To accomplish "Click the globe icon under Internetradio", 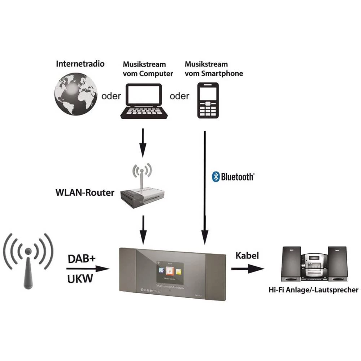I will click(x=75, y=95).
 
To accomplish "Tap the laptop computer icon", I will click(x=143, y=101).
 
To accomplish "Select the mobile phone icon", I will click(x=208, y=100).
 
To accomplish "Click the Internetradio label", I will click(x=80, y=64).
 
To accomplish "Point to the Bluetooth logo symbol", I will click(x=216, y=177).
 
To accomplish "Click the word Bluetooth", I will click(x=237, y=177).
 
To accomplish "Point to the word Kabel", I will click(x=247, y=256).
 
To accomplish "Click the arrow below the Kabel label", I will click(x=247, y=269).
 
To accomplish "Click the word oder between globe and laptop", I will click(x=111, y=96).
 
